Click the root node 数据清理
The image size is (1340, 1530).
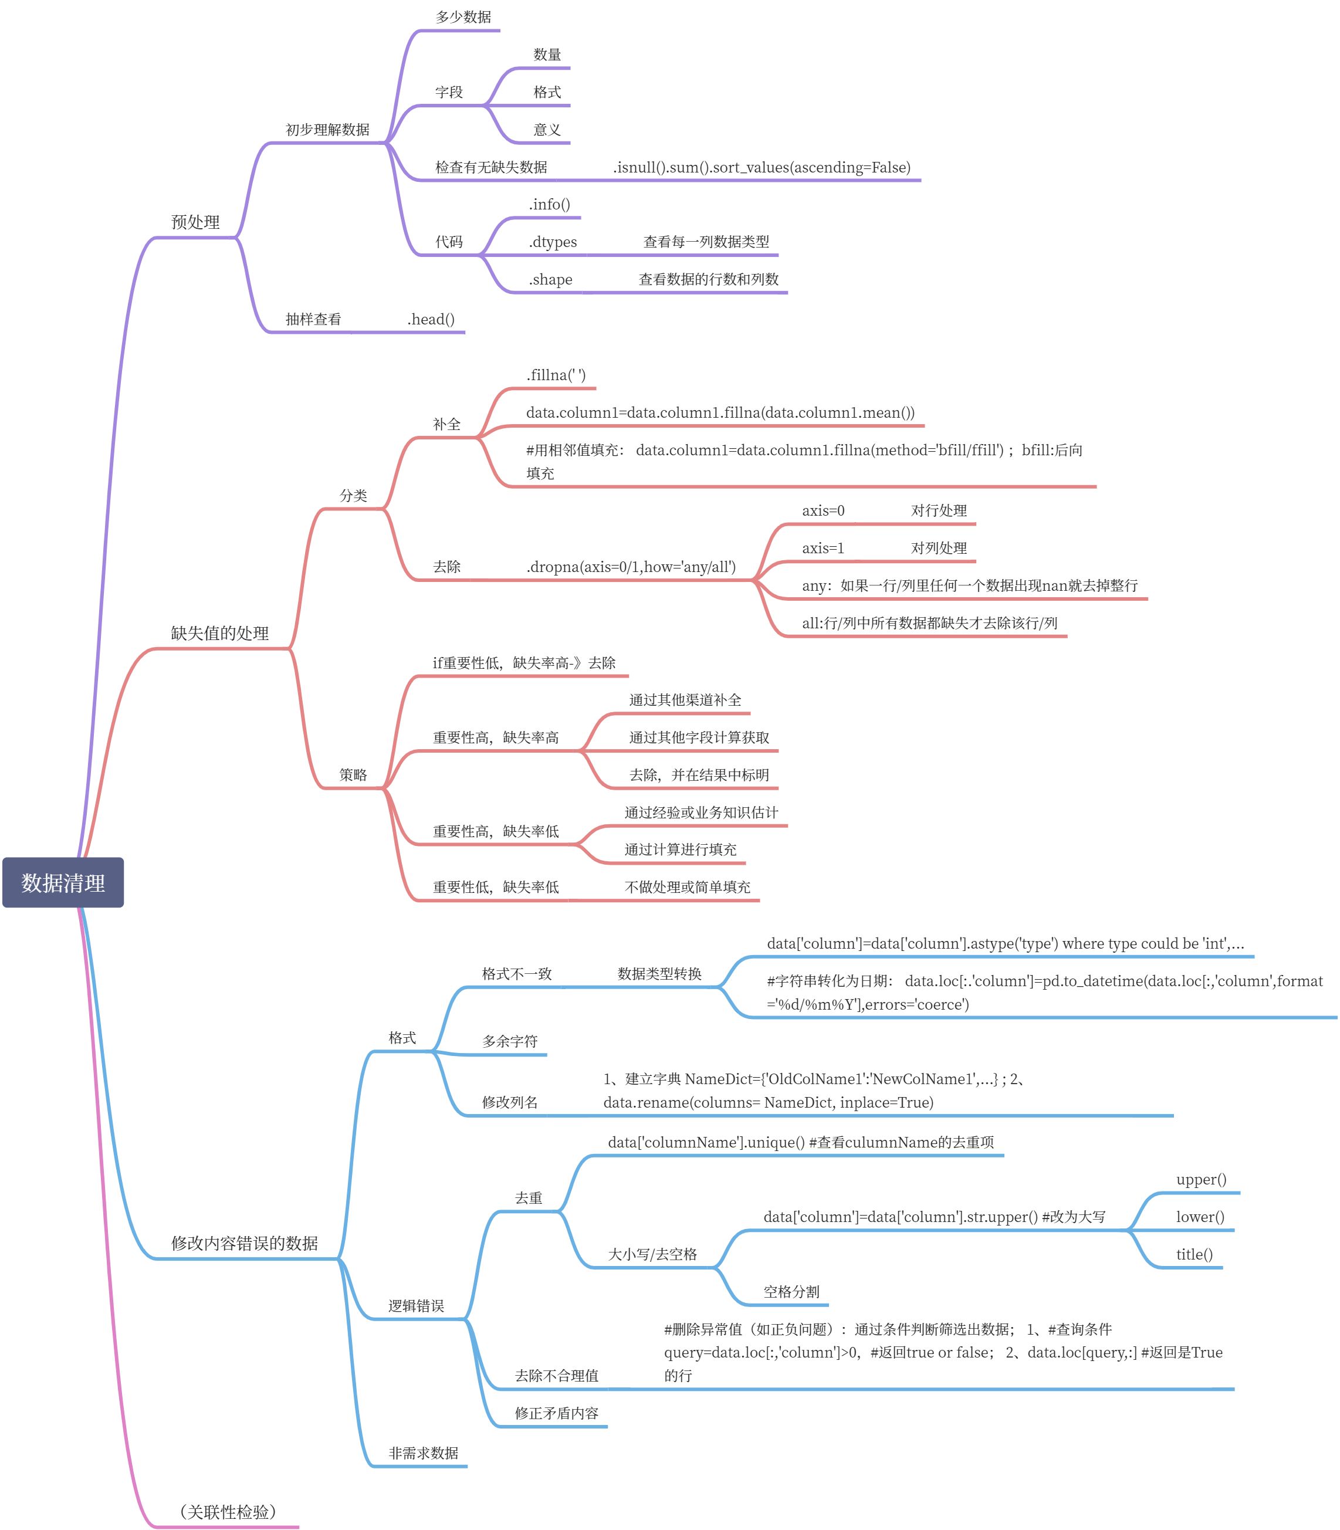coord(63,882)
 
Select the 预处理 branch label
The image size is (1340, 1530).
coord(195,222)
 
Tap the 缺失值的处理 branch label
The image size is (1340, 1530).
coord(220,634)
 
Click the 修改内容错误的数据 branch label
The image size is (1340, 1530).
coord(245,1243)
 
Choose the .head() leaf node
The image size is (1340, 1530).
coord(431,319)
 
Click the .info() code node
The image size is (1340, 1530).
coord(550,204)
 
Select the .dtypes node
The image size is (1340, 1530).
coord(553,242)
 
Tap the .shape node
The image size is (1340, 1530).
coord(550,280)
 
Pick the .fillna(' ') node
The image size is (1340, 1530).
coord(556,375)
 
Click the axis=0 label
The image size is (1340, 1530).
coord(823,511)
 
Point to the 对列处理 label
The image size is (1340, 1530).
coord(939,548)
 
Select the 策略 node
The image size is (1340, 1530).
coord(353,775)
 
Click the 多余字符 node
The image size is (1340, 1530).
coord(510,1041)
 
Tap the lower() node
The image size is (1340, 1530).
coord(1200,1217)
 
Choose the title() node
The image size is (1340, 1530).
coord(1194,1254)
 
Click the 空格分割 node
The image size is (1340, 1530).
coord(791,1291)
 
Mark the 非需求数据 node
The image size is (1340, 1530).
coord(423,1453)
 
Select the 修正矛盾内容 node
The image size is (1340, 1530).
coord(556,1413)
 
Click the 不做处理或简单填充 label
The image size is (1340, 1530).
coord(687,887)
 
